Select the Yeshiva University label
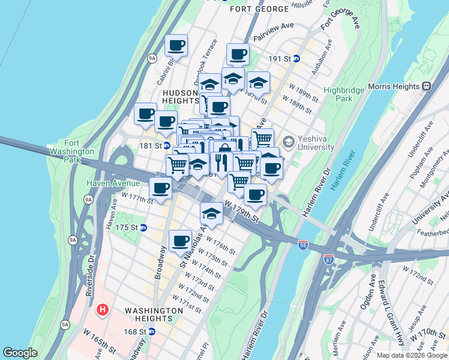click(x=314, y=142)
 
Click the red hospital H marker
click(x=103, y=310)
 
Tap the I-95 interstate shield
click(x=304, y=245)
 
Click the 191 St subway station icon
click(x=297, y=59)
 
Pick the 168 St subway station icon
click(x=152, y=331)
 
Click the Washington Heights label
click(x=154, y=311)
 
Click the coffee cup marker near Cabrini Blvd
click(x=176, y=46)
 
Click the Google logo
click(x=20, y=353)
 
